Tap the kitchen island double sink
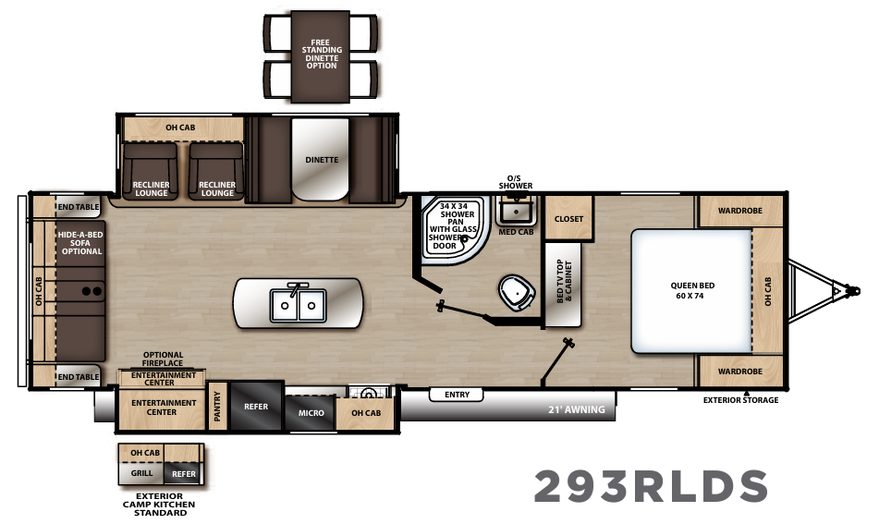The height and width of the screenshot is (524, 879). tap(298, 303)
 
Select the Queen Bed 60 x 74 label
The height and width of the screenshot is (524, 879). tap(692, 291)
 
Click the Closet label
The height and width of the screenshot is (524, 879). tap(568, 220)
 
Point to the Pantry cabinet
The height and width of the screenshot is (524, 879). tap(218, 407)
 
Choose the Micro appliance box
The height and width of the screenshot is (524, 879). tap(311, 412)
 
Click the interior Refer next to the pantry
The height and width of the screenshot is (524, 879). tap(256, 407)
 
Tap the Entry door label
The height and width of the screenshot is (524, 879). tap(457, 395)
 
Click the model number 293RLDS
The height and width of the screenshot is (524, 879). tap(651, 486)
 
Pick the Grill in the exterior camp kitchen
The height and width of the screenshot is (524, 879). tap(140, 472)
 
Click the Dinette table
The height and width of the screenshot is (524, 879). tap(321, 161)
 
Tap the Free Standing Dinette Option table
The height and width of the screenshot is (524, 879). tap(321, 56)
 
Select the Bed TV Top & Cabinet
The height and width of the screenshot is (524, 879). tap(564, 285)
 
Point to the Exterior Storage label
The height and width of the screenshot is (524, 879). tap(740, 400)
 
